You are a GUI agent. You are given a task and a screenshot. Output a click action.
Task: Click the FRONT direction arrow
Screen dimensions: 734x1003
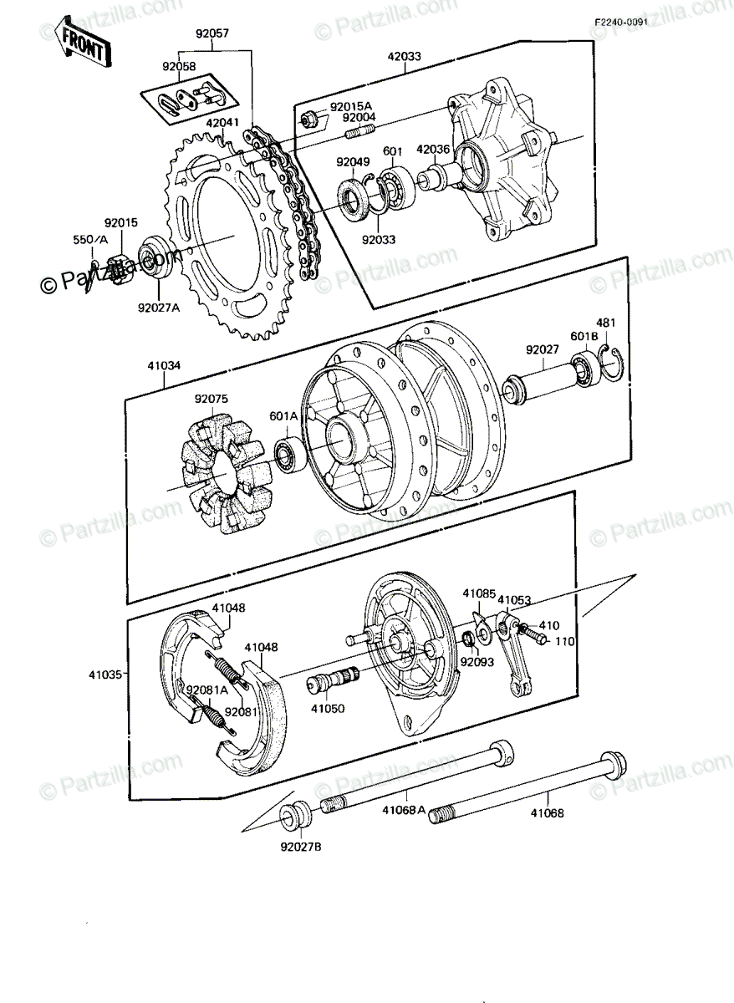(x=83, y=42)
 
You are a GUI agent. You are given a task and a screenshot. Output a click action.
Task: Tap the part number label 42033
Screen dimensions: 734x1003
(x=405, y=57)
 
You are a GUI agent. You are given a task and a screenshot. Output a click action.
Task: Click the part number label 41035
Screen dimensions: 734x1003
(x=104, y=675)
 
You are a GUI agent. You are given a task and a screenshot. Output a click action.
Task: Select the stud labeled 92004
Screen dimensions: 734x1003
(x=359, y=132)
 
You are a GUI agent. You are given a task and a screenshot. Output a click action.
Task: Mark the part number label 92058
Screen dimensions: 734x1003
(x=179, y=66)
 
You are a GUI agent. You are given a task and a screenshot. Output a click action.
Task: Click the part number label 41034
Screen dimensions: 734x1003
(x=164, y=366)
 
